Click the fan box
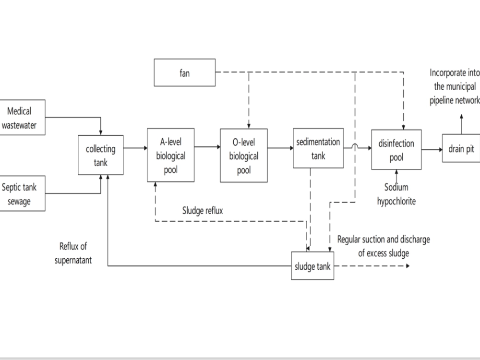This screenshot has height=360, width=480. pyautogui.click(x=184, y=73)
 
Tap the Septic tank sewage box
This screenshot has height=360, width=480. pyautogui.click(x=23, y=193)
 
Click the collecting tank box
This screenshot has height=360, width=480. pyautogui.click(x=100, y=156)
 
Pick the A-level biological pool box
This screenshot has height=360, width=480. pyautogui.click(x=170, y=155)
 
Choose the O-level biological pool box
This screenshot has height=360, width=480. pyautogui.click(x=243, y=156)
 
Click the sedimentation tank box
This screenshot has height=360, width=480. pyautogui.click(x=318, y=148)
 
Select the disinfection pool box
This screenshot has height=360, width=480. pyautogui.click(x=396, y=150)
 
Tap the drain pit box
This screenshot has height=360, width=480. pyautogui.click(x=461, y=149)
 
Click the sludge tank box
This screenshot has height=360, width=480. pyautogui.click(x=312, y=266)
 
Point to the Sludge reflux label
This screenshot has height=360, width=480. pyautogui.click(x=203, y=210)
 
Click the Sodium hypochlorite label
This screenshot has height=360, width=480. pyautogui.click(x=396, y=194)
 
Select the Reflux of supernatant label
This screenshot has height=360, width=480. pyautogui.click(x=73, y=253)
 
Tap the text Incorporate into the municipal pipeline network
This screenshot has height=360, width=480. pyautogui.click(x=454, y=86)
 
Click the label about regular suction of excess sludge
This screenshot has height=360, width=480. pyautogui.click(x=384, y=246)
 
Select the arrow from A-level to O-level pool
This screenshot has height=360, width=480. pyautogui.click(x=207, y=148)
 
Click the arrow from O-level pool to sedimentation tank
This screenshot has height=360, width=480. pyautogui.click(x=280, y=148)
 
